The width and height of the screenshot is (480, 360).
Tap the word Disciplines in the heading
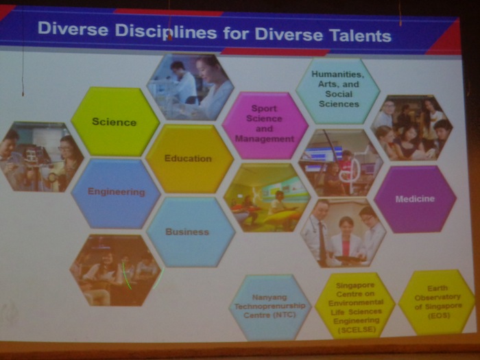(x=166, y=32)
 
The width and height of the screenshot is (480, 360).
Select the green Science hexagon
(x=115, y=121)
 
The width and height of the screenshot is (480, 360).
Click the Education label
(x=188, y=158)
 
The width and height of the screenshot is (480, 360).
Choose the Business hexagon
(x=191, y=232)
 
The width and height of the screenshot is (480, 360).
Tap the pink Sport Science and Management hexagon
(x=265, y=125)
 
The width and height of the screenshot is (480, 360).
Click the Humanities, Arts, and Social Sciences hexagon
(x=338, y=91)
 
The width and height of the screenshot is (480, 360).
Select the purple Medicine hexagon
(x=415, y=199)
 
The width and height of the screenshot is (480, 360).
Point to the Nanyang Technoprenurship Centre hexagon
(x=270, y=307)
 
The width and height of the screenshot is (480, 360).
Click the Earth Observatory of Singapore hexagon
(x=437, y=302)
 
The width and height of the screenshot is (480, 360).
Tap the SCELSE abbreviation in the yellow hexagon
(x=357, y=330)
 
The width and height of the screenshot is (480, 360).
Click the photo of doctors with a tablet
(x=343, y=233)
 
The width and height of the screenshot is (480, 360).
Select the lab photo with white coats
(x=191, y=87)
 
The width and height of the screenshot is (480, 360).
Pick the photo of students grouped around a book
(x=411, y=128)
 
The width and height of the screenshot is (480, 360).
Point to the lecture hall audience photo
(x=115, y=270)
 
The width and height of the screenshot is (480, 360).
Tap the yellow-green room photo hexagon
(x=267, y=197)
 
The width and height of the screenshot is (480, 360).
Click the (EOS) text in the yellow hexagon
(x=439, y=315)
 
